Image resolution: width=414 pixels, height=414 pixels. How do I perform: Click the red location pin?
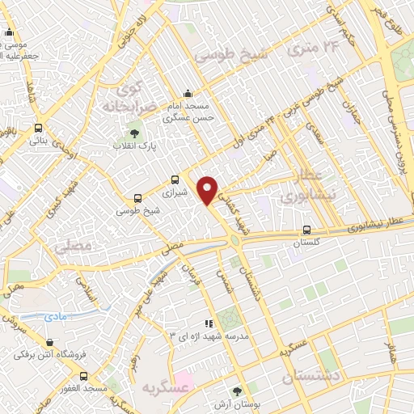208,189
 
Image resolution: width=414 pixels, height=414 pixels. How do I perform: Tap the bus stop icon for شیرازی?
175,180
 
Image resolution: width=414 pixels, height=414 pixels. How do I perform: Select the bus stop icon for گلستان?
306,230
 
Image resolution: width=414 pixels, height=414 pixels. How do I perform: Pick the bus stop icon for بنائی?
38,128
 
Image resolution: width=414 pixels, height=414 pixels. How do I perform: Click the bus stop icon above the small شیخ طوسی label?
137,197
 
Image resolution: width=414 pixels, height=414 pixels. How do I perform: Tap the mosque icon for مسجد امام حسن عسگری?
188,93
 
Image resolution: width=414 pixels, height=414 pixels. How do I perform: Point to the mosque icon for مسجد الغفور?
83,375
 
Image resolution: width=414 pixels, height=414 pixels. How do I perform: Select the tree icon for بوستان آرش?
237,391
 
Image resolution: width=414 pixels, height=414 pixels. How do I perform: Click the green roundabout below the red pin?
234,239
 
